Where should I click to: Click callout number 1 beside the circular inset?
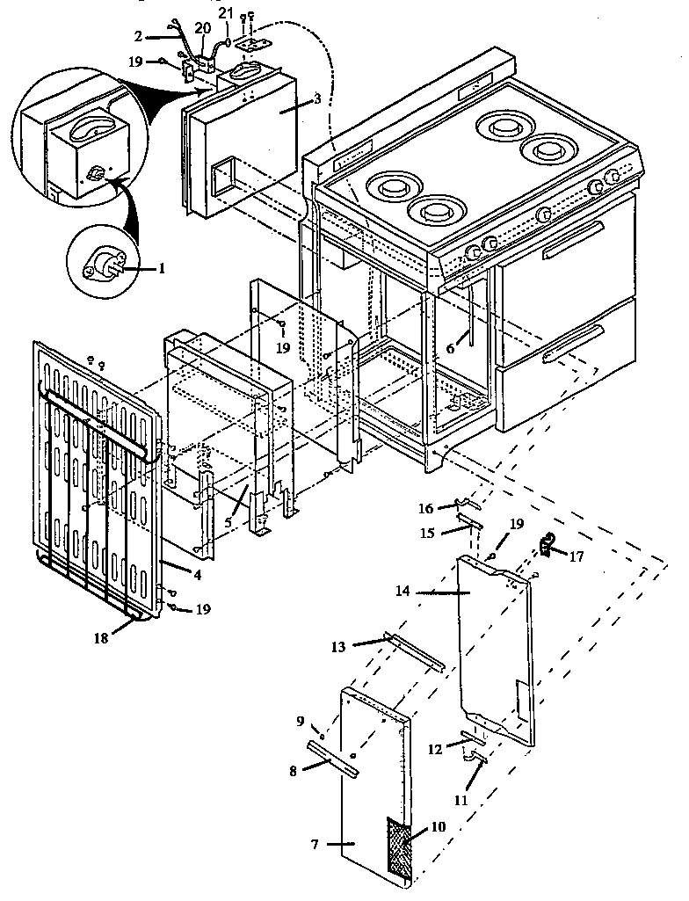pos(161,269)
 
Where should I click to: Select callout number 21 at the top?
pos(226,13)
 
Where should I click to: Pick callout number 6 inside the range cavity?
pos(450,349)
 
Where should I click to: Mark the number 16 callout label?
pos(425,508)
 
